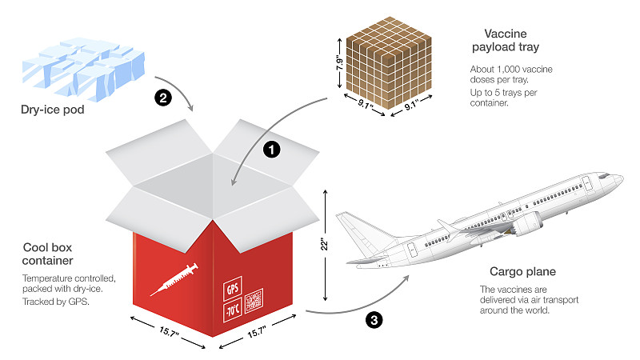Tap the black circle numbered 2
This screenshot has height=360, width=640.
point(162,99)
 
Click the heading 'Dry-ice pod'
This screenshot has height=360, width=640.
point(53,110)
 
